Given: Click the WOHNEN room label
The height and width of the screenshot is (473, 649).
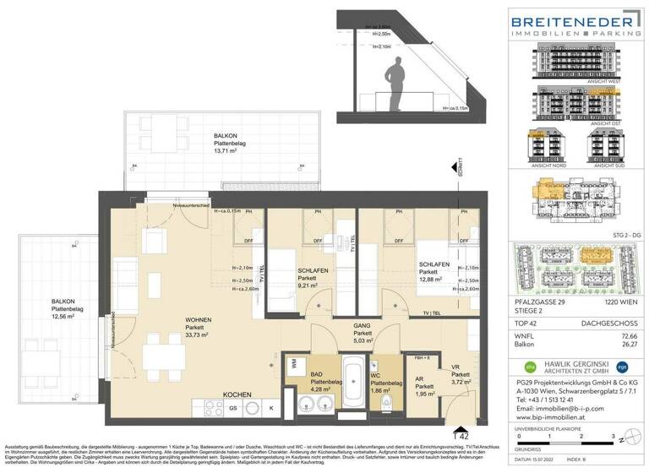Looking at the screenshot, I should click(199, 319).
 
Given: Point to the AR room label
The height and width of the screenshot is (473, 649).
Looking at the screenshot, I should click(418, 380).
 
